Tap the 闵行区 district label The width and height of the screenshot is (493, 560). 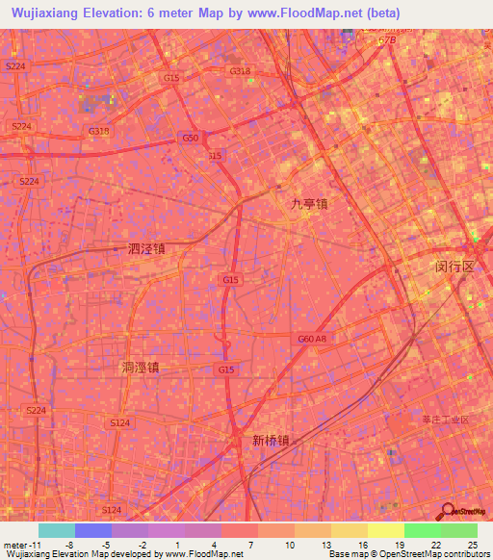tap(454, 266)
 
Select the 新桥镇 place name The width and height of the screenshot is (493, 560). tap(271, 441)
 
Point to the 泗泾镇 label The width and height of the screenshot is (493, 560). tap(146, 248)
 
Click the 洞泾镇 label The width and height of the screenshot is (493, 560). tap(141, 367)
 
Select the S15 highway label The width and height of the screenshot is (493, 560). tap(215, 155)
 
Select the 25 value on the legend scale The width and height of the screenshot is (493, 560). tap(471, 544)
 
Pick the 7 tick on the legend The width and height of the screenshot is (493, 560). tap(251, 544)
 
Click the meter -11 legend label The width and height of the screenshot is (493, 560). tap(20, 544)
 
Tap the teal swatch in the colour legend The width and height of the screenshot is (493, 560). tap(57, 530)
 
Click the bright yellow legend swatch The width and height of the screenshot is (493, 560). tap(385, 530)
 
